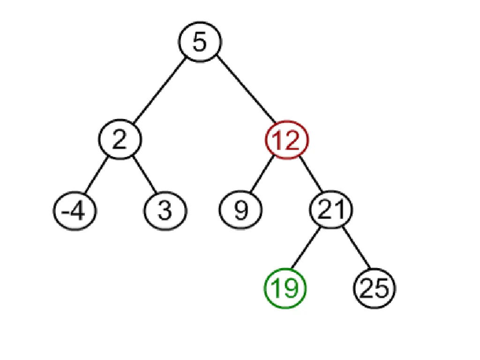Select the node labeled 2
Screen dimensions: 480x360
tap(120, 140)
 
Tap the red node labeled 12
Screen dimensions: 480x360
tap(286, 140)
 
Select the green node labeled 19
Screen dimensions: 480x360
tap(285, 288)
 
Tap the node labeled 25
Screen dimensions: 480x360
tap(375, 288)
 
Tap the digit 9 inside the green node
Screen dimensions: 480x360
tap(292, 288)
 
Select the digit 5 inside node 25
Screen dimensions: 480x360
tap(382, 288)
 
